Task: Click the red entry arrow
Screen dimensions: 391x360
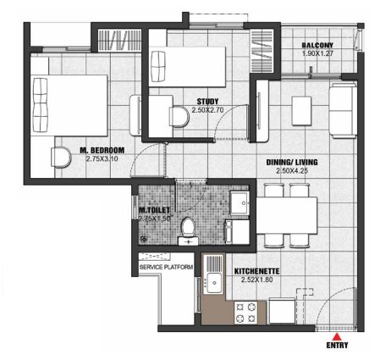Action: pos(337,336)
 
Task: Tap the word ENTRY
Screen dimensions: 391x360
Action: pos(337,345)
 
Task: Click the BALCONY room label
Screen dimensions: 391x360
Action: pos(317,45)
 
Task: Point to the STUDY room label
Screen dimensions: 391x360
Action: pos(207,102)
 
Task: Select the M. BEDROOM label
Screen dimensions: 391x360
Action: pos(102,151)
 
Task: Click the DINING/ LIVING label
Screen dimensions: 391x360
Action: pos(292,163)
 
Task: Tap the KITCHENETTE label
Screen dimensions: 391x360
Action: pos(257,272)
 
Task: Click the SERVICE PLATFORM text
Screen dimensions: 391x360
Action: pos(166,267)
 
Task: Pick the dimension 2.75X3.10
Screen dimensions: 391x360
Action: pos(102,159)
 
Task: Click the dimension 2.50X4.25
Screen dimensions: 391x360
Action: pos(292,171)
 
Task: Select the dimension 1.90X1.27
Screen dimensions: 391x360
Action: pos(317,53)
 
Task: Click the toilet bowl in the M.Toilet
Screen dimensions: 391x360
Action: pos(188,227)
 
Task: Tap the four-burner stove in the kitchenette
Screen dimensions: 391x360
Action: pos(245,313)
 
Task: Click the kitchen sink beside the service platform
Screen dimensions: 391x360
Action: pos(213,283)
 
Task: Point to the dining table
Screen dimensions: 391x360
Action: pos(287,215)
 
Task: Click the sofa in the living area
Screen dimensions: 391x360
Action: pos(343,111)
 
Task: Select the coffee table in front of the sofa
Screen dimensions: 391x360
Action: pos(301,111)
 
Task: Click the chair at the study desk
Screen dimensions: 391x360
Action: pos(179,117)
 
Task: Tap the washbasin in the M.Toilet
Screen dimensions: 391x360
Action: pos(240,202)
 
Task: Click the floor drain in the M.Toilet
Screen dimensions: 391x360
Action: pos(144,239)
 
